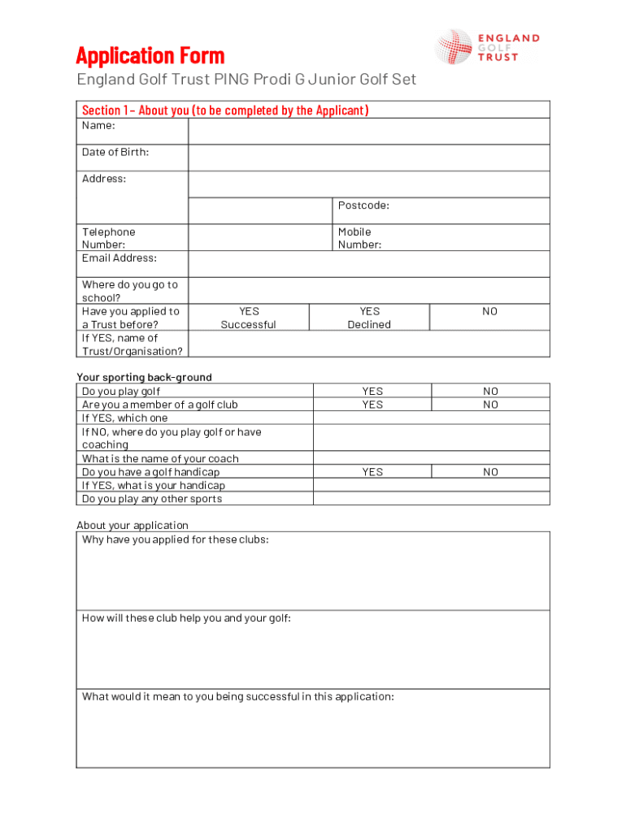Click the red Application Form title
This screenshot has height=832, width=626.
[150, 56]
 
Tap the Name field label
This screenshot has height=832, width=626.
[98, 126]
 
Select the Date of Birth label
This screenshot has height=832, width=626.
[115, 152]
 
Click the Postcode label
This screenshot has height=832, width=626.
[363, 206]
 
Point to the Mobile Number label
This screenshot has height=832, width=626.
[359, 238]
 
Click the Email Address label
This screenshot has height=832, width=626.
[120, 258]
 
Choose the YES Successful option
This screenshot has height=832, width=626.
[249, 318]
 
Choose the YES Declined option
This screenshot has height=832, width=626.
[369, 318]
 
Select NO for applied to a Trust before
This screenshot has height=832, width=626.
[489, 312]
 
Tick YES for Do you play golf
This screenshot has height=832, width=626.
[372, 391]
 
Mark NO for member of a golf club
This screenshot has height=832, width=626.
[490, 405]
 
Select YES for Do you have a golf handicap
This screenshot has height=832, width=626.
[372, 472]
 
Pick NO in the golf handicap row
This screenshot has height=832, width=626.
[490, 472]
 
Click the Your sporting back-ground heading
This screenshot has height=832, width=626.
[144, 377]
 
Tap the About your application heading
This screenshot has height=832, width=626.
[133, 525]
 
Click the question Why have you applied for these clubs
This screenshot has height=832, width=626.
[175, 539]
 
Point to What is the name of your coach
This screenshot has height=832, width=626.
[160, 459]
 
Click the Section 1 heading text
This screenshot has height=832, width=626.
[225, 110]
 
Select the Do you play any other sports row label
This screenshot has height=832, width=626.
[152, 499]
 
